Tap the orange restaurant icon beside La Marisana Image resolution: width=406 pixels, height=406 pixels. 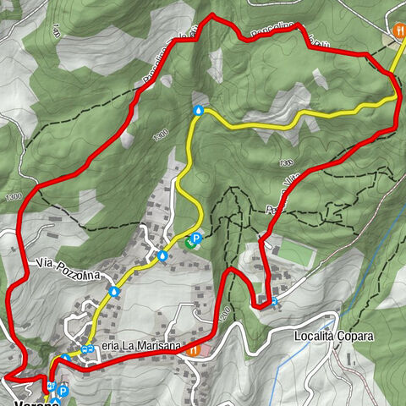194,348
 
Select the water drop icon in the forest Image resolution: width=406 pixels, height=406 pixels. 198,110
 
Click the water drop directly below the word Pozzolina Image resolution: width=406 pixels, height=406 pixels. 113,291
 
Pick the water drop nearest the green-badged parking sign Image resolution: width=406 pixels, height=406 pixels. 162,255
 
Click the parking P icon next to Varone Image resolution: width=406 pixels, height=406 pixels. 63,391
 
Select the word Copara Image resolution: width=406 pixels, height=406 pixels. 355,336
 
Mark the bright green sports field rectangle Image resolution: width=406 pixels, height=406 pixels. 292,251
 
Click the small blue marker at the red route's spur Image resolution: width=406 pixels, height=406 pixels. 275,299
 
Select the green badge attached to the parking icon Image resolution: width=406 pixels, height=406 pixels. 189,244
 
